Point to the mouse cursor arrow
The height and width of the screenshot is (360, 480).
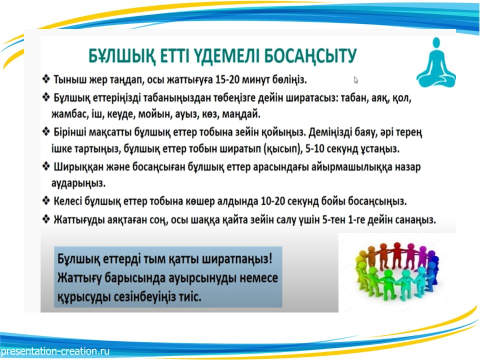coord(356,80)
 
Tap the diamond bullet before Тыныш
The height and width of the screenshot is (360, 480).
coord(46,79)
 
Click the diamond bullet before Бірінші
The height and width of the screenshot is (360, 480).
coord(46,132)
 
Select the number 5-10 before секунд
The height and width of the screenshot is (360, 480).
coord(315,149)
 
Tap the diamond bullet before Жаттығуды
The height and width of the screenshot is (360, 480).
coord(46,219)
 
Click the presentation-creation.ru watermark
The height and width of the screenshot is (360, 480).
coord(55,351)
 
